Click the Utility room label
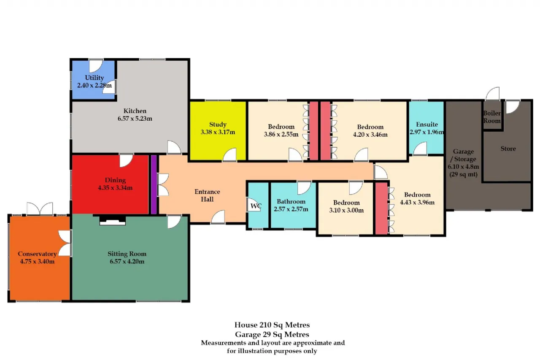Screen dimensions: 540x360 tap(94, 78)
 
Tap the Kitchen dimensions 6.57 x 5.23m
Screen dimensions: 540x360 tap(135, 119)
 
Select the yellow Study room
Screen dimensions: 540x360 tap(218, 130)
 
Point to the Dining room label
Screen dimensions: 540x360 tap(115, 180)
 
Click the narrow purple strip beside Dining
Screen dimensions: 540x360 tap(154, 184)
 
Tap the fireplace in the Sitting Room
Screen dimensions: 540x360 tap(113, 221)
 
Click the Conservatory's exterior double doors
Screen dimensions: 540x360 tap(40, 209)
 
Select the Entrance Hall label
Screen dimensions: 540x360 tap(207, 195)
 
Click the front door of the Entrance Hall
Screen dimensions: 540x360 tap(218, 217)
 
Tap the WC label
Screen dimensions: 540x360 tap(256, 206)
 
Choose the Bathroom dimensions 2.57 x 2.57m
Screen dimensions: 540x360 tap(291, 209)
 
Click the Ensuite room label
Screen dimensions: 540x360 tap(427, 125)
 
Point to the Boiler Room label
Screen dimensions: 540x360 tap(492, 117)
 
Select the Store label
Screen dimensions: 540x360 tap(508, 149)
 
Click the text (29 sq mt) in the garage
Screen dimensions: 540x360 tap(463, 174)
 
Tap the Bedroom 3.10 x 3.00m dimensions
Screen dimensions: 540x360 tap(346, 210)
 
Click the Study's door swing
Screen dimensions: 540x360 tap(229, 154)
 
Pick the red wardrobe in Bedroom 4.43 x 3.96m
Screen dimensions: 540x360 tap(382, 208)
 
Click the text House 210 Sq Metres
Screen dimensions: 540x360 tap(272, 325)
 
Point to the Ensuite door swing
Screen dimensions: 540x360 tap(420, 148)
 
